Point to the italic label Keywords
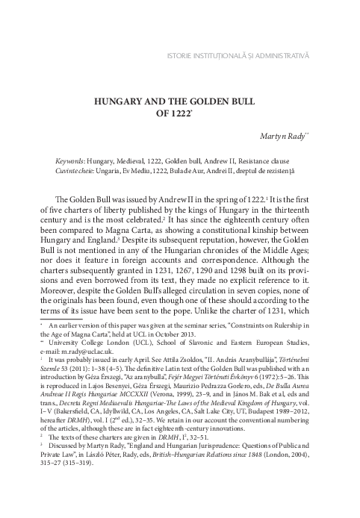point(70,160)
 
